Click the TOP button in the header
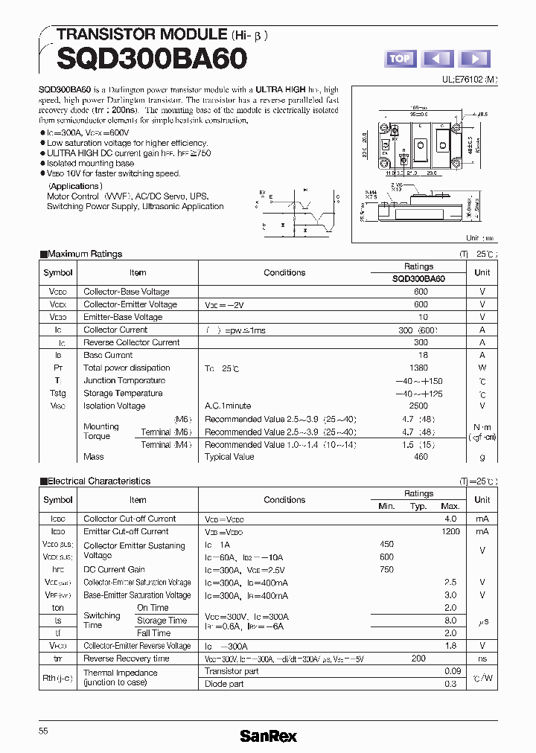click(x=400, y=59)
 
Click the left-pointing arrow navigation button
click(x=438, y=59)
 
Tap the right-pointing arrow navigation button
click(x=475, y=59)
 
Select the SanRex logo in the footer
click(x=268, y=735)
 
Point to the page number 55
click(x=43, y=731)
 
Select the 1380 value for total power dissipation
click(x=418, y=368)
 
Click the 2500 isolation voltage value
click(x=418, y=406)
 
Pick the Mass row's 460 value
click(x=421, y=457)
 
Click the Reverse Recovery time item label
click(x=126, y=659)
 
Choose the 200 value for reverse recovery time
click(x=418, y=659)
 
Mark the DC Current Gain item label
click(x=114, y=569)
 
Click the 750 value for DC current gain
click(x=386, y=569)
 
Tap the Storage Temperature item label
click(x=123, y=393)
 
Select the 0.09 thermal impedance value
click(x=450, y=671)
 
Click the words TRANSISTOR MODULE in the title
click(x=141, y=34)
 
